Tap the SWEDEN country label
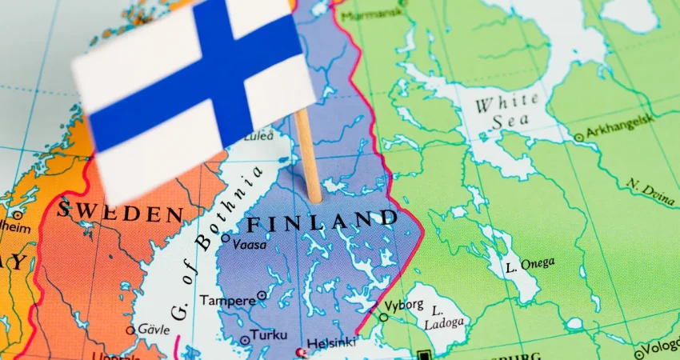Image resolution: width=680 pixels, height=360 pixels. pos(120,213)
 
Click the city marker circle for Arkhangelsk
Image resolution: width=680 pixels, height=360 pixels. pos(578,138)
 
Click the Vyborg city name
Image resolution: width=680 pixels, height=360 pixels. pos(405,306)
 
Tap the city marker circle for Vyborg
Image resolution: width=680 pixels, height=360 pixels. pos(383,317)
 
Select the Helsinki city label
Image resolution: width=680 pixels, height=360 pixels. pos(332,342)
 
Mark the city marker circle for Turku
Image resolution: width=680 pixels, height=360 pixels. pos(245,341)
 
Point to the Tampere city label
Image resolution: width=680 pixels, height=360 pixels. pos(227,300)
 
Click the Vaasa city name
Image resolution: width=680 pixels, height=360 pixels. pos(250,245)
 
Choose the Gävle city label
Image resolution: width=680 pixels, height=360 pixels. pos(152,329)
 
